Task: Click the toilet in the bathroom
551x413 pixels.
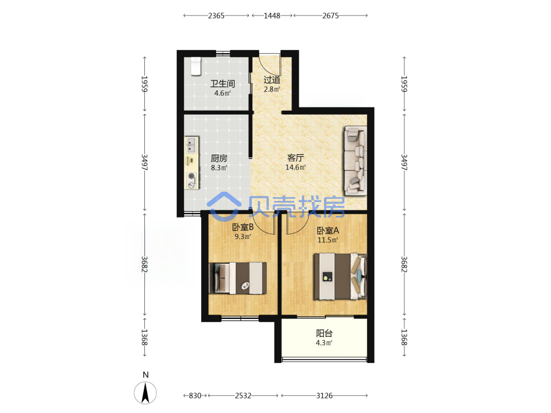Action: pos(196,66)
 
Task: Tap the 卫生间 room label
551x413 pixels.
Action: pos(223,84)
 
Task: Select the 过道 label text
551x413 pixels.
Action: pos(272,80)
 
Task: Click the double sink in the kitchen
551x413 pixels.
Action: pos(192,145)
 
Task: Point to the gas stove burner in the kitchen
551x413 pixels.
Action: pos(192,176)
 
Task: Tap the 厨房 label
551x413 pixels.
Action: pos(219,158)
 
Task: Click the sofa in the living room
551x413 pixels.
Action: pos(355,161)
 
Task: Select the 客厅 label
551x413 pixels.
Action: pos(295,157)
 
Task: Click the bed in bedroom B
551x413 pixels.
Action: pos(237,278)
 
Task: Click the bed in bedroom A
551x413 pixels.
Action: pos(340,276)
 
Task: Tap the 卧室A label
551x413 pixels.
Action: pos(328,230)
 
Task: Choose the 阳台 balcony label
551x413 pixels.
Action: pos(324,333)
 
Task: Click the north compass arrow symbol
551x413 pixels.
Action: pos(145,393)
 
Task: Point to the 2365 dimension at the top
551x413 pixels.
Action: pos(216,15)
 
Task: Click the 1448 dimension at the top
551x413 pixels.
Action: pos(272,15)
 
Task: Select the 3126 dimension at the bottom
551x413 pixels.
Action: pos(324,395)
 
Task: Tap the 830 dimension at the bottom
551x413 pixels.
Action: pos(195,395)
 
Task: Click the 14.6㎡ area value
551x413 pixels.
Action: pos(295,167)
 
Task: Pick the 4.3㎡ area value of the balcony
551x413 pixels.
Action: pos(324,343)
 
